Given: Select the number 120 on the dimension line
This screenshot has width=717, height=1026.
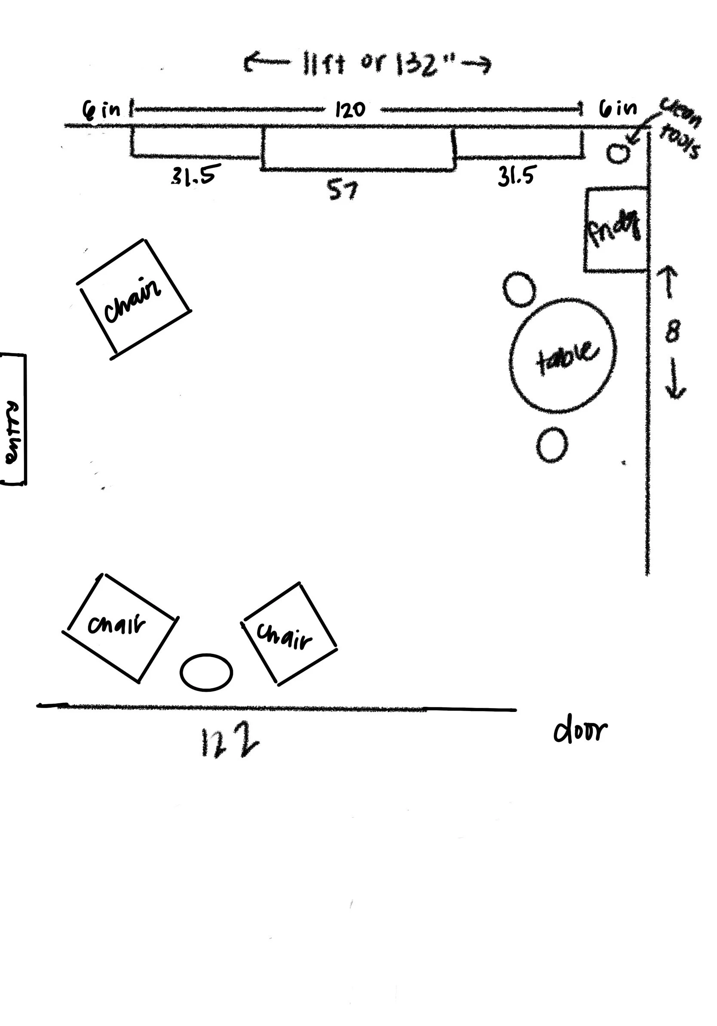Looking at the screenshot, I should (350, 110).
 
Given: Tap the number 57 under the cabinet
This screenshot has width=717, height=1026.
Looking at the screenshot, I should (343, 191).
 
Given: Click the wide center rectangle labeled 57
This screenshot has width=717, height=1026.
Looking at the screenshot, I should (358, 149).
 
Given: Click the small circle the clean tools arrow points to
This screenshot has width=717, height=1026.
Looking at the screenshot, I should (618, 153).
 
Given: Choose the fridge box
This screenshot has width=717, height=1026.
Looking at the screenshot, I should (616, 229).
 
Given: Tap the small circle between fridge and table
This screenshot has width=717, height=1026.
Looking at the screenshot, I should (519, 289).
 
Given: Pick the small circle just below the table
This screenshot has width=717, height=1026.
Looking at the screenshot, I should (552, 444).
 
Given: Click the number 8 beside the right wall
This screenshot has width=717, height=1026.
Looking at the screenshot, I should (672, 332).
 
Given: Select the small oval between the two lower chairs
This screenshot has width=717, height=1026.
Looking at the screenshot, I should (206, 672).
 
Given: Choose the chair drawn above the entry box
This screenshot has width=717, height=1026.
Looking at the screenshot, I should (134, 299).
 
